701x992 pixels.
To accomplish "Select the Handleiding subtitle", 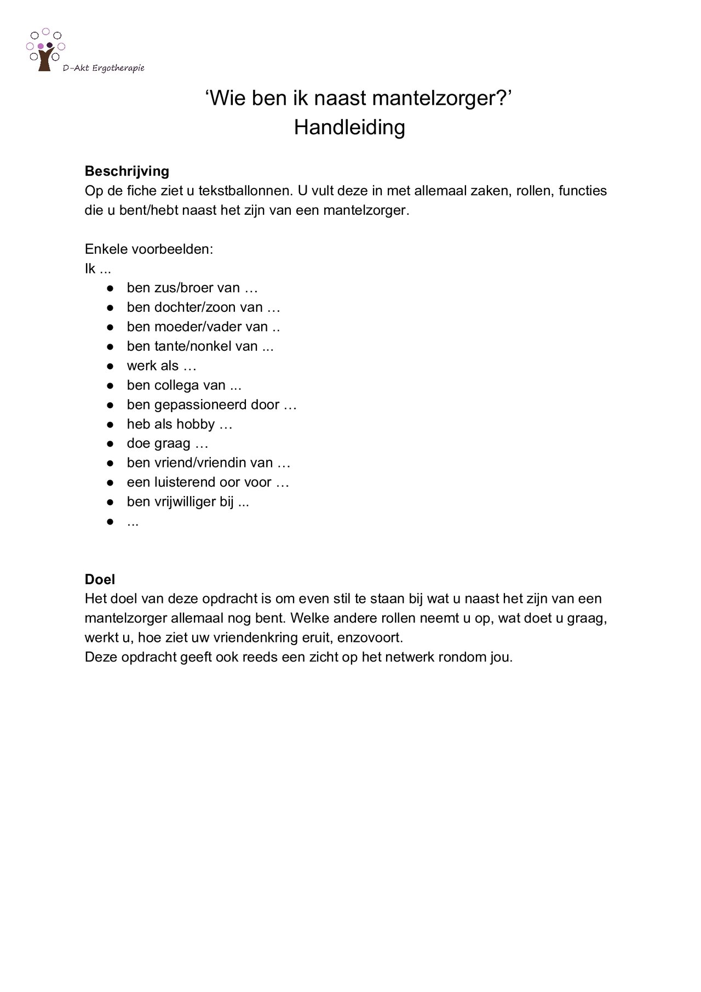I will coord(349,127).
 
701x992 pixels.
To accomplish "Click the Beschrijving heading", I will coord(127,171).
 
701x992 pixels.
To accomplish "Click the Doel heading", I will coord(100,579).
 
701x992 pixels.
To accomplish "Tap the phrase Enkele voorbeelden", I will coord(148,249).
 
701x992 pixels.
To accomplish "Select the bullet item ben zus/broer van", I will coord(192,288).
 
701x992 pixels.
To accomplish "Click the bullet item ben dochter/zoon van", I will coord(203,307).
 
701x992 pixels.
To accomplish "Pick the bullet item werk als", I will coord(161,366).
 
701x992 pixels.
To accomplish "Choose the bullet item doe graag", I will coord(167,443).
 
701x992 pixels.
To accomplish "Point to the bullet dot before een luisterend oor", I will coord(110,483).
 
